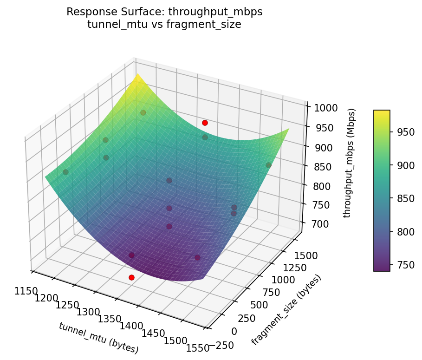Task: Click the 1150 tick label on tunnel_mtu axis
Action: pyautogui.click(x=25, y=291)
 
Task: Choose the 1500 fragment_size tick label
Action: pyautogui.click(x=306, y=255)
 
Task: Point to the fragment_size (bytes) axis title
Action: pyautogui.click(x=286, y=310)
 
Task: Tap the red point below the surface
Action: pyautogui.click(x=131, y=277)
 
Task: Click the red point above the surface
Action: pyautogui.click(x=205, y=123)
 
